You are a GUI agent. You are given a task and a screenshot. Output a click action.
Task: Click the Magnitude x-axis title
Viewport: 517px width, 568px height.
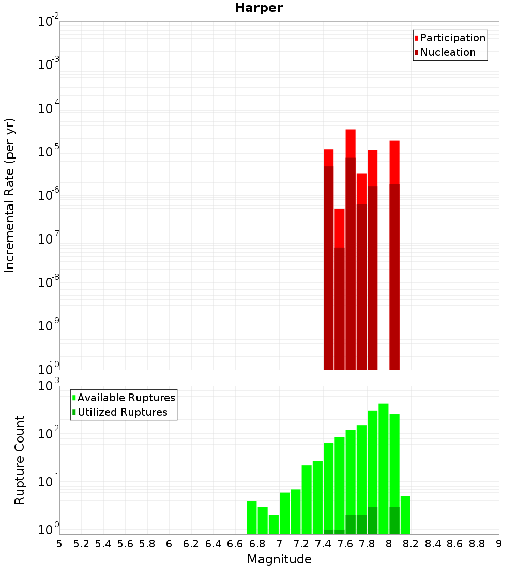[x=279, y=559]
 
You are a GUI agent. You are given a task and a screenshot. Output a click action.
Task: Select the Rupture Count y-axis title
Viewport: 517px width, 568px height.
[x=20, y=460]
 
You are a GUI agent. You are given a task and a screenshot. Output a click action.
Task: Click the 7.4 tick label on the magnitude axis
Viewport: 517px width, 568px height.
[x=323, y=544]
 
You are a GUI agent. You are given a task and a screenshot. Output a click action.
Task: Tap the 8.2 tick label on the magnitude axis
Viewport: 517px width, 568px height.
[x=411, y=544]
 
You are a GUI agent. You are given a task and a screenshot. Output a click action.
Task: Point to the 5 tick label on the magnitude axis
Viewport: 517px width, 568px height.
[x=59, y=544]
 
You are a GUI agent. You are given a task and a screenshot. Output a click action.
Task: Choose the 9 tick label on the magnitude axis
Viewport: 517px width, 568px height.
[x=499, y=544]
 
